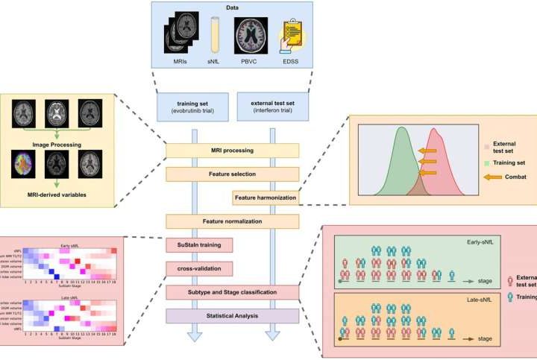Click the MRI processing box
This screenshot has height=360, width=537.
pos(232,151)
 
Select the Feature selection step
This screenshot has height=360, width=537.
pos(232,174)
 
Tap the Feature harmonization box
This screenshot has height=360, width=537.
pos(266,198)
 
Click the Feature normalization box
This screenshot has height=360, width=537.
pos(232,221)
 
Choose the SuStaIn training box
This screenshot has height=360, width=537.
pos(198,244)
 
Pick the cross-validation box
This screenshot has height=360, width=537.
pos(198,268)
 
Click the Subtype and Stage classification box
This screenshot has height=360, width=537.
pos(232,291)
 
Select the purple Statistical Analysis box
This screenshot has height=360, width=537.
pos(232,315)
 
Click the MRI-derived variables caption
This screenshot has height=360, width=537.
pos(60,195)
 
